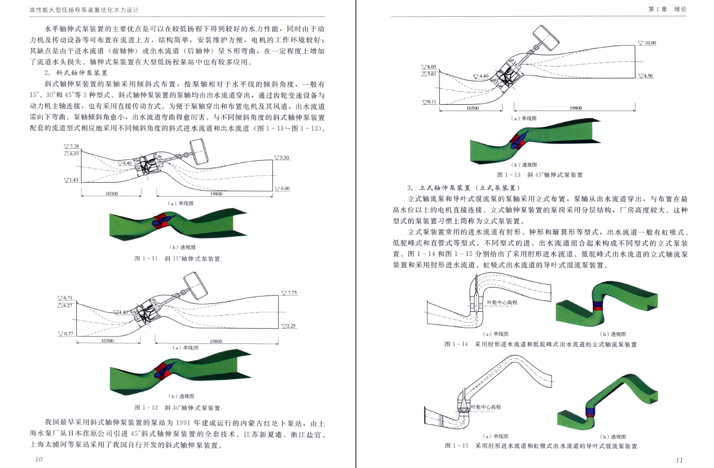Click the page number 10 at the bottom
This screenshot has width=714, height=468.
point(38,459)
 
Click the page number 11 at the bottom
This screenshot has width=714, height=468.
point(679,460)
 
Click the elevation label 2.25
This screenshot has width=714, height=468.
point(289,326)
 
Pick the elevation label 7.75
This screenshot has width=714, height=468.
point(289,293)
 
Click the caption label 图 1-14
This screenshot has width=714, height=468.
point(456,344)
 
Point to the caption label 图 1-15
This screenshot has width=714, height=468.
point(456,445)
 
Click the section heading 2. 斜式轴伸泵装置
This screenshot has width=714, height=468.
point(76,73)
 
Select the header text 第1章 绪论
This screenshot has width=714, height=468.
point(675,10)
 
